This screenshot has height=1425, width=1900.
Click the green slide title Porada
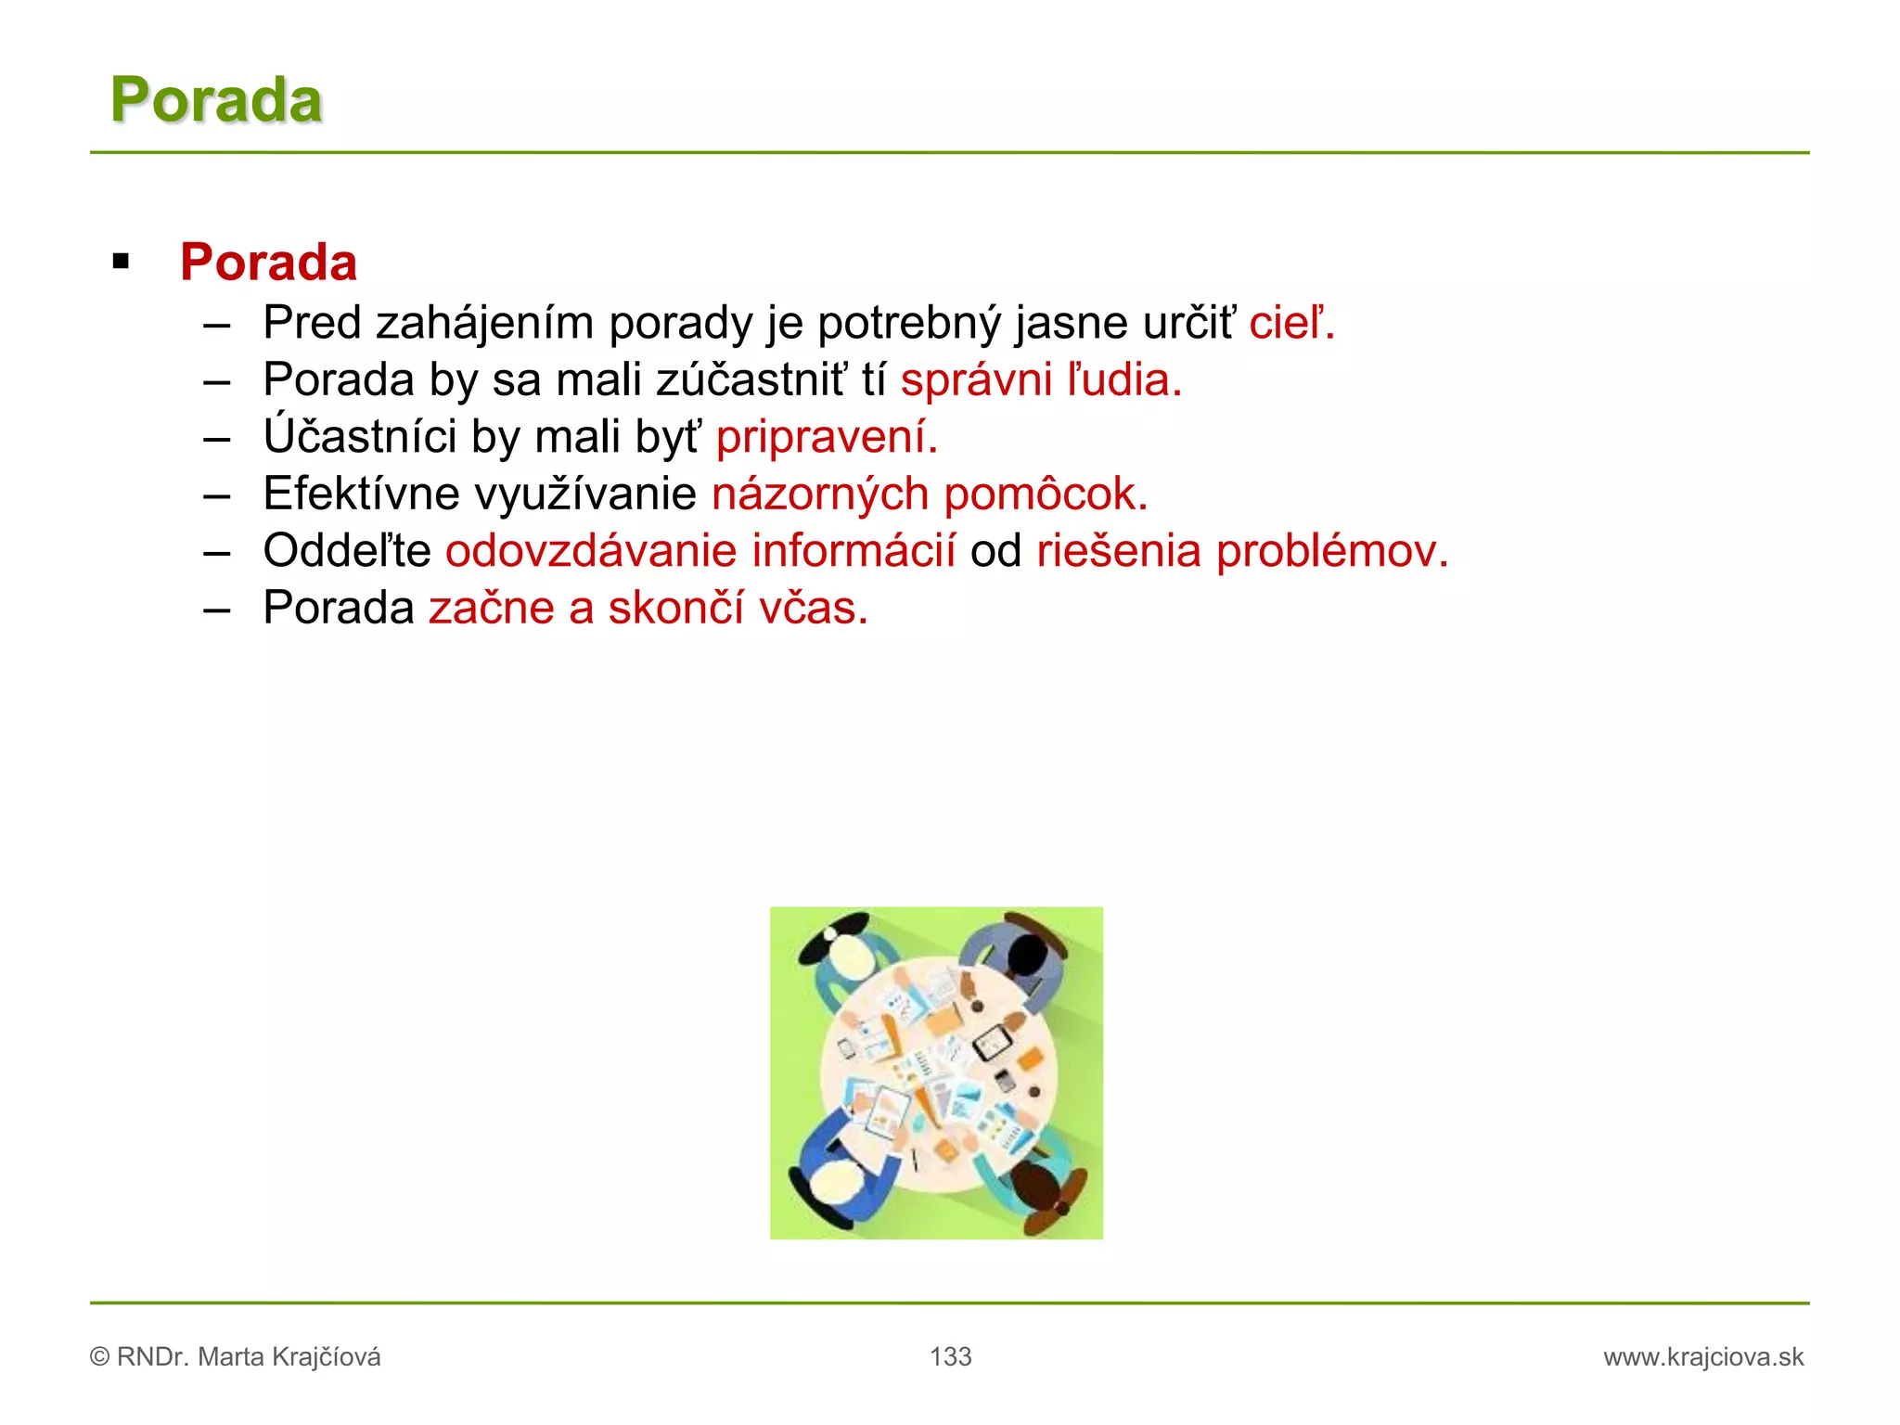[x=216, y=99]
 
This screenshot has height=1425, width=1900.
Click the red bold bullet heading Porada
[x=268, y=262]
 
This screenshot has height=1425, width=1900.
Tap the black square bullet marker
[x=121, y=262]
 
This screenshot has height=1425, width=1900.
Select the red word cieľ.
[x=1290, y=323]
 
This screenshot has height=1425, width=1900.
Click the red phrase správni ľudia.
[x=1040, y=380]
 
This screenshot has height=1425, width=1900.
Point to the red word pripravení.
[x=826, y=438]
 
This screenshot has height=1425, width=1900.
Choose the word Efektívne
[x=361, y=494]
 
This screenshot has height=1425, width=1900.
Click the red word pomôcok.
[x=1045, y=494]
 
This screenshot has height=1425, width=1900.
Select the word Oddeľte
[x=347, y=551]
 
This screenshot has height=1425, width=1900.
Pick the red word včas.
[x=813, y=609]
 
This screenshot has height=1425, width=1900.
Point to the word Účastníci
[x=360, y=436]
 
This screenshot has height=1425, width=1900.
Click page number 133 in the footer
[x=950, y=1356]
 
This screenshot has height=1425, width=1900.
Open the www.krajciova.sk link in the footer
[x=1703, y=1357]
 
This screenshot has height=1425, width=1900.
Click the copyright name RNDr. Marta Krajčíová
[x=248, y=1357]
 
